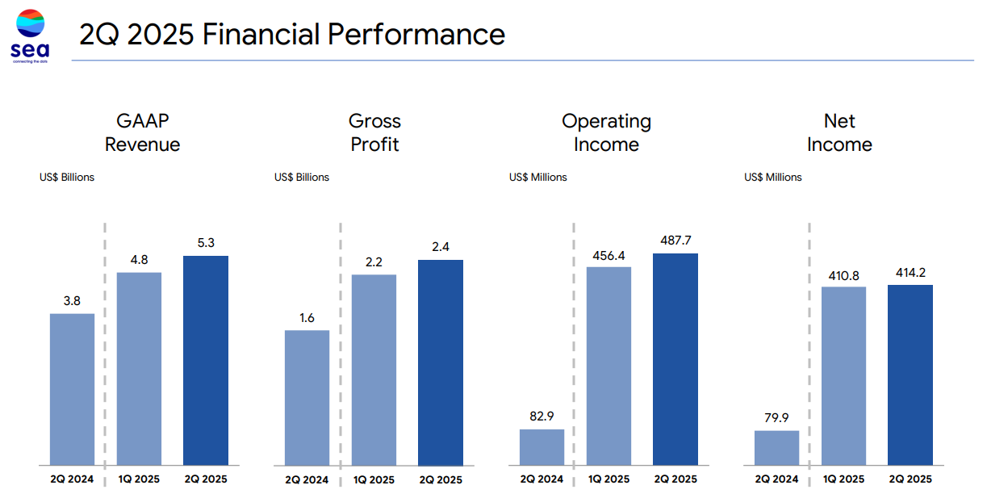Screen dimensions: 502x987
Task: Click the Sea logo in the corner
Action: pyautogui.click(x=30, y=35)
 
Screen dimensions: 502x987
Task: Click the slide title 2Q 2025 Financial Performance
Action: pyautogui.click(x=291, y=35)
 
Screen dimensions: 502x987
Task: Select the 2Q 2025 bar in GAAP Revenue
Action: pyautogui.click(x=206, y=361)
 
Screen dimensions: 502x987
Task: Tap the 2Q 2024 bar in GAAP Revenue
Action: pyautogui.click(x=72, y=389)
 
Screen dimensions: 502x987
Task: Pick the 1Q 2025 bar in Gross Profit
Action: pyautogui.click(x=374, y=370)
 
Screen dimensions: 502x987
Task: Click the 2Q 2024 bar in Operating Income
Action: pyautogui.click(x=542, y=447)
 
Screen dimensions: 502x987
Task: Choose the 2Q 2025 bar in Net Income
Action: pyautogui.click(x=910, y=374)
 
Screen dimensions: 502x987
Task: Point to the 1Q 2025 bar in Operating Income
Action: pyautogui.click(x=609, y=366)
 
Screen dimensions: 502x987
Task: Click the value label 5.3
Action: pyautogui.click(x=206, y=242)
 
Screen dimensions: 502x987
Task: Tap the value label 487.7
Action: pyautogui.click(x=675, y=240)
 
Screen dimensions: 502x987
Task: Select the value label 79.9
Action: pyautogui.click(x=776, y=416)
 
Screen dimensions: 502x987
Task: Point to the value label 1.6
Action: pyautogui.click(x=307, y=317)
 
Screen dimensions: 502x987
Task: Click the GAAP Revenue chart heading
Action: pyautogui.click(x=142, y=133)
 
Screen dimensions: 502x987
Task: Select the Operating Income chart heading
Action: pyautogui.click(x=606, y=133)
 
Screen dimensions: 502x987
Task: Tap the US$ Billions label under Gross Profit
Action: pyautogui.click(x=302, y=178)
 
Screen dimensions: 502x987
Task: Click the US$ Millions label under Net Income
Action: pyautogui.click(x=773, y=178)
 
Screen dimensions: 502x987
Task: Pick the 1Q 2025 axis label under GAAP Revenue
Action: pyautogui.click(x=139, y=479)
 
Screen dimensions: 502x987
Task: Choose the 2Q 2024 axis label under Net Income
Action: pyautogui.click(x=776, y=479)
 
